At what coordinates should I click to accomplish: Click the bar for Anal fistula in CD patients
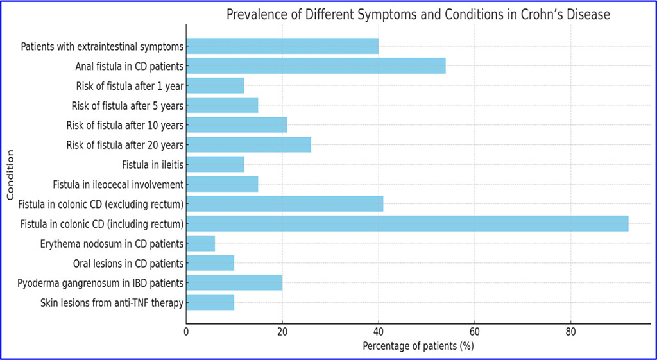click(x=316, y=65)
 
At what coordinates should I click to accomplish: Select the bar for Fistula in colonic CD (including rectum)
click(x=407, y=223)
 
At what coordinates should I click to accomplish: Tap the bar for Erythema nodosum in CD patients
click(x=201, y=243)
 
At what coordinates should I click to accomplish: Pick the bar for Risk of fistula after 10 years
click(x=237, y=124)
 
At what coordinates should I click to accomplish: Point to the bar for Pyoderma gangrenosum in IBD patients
click(x=234, y=282)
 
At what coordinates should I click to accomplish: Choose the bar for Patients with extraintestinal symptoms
click(x=282, y=46)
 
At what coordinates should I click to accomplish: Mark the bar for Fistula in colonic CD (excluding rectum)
click(x=285, y=203)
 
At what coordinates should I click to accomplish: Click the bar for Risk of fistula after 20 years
click(x=249, y=144)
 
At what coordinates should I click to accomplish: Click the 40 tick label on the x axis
click(x=379, y=332)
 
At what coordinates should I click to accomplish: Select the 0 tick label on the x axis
click(x=186, y=332)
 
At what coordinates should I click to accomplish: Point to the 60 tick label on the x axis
click(x=474, y=332)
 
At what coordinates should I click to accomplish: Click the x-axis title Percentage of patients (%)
click(x=418, y=347)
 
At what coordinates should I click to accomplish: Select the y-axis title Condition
click(x=10, y=175)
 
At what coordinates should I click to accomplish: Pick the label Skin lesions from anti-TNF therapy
click(x=112, y=302)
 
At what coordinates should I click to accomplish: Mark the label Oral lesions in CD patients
click(x=130, y=263)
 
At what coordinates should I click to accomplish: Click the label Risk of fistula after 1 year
click(x=128, y=86)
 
